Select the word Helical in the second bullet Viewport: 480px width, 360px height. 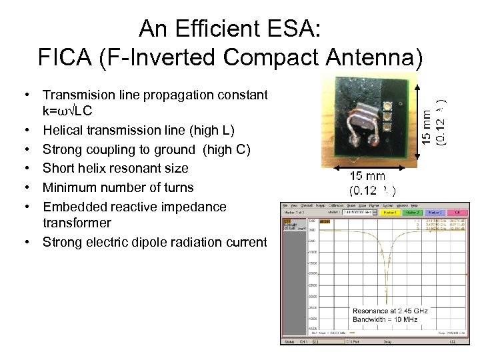pyautogui.click(x=63, y=129)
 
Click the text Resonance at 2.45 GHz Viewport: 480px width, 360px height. pyautogui.click(x=388, y=311)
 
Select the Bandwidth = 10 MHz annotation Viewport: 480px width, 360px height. pyautogui.click(x=385, y=320)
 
